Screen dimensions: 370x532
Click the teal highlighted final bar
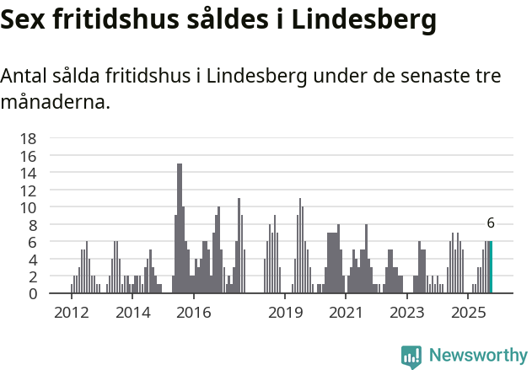click(x=491, y=267)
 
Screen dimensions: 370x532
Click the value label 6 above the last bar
click(x=491, y=224)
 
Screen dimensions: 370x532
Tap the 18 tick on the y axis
click(x=28, y=139)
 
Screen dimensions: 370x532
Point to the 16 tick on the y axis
click(x=28, y=156)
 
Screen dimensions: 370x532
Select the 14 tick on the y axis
click(x=28, y=174)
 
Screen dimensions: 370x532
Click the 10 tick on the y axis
click(x=28, y=207)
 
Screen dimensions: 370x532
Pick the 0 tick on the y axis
click(x=32, y=293)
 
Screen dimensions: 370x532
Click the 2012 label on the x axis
click(x=72, y=313)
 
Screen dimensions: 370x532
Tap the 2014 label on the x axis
click(x=132, y=313)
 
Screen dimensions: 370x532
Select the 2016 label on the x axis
click(x=194, y=313)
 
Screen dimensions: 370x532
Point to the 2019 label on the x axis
click(x=286, y=313)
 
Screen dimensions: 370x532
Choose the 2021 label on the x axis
click(x=347, y=313)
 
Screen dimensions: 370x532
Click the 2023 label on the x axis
click(x=407, y=313)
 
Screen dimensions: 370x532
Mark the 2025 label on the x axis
click(x=468, y=313)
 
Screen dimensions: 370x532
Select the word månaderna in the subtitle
click(x=55, y=104)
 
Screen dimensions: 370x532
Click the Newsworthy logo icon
click(x=411, y=357)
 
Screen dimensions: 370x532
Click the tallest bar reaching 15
click(x=180, y=228)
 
